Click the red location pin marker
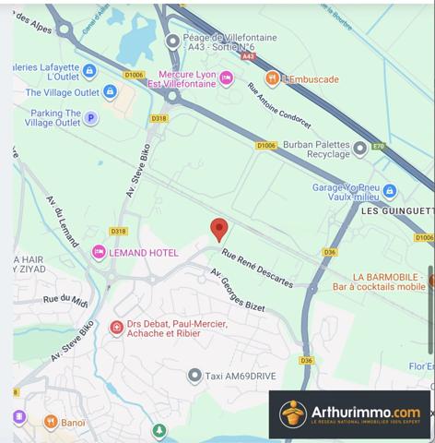(218, 229)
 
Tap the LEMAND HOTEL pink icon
(99, 251)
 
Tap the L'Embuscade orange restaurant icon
(272, 79)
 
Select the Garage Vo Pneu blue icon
(390, 191)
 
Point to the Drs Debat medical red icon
(117, 327)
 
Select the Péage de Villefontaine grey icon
(172, 41)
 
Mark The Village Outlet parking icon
(110, 92)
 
